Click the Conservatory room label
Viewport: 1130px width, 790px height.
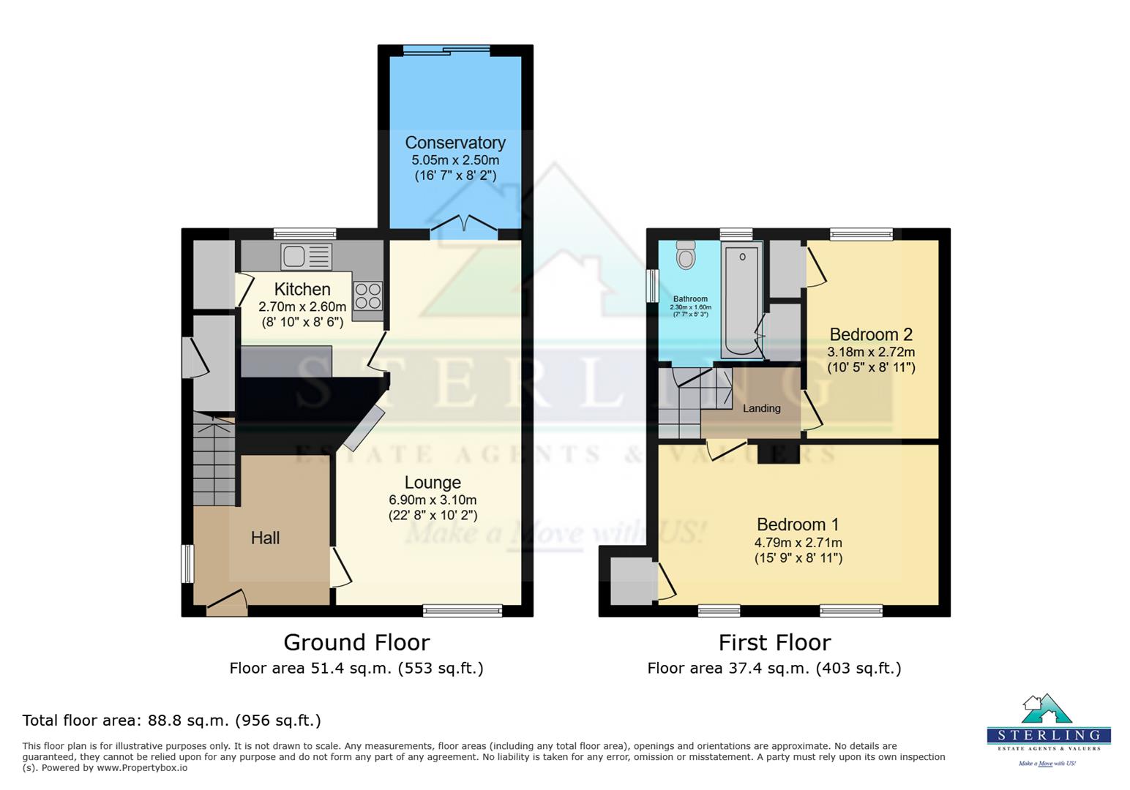[454, 143]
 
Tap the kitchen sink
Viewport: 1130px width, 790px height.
[306, 257]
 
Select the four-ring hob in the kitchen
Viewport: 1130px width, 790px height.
[367, 296]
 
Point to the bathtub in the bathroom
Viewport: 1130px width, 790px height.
[741, 300]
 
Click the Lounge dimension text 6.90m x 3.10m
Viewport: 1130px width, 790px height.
[433, 500]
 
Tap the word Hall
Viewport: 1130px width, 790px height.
[265, 538]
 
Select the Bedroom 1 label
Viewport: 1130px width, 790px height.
[798, 524]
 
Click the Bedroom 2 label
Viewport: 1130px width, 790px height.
[871, 334]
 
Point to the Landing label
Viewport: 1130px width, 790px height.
[761, 408]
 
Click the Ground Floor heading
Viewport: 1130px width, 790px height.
[356, 642]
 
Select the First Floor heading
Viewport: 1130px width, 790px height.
[774, 642]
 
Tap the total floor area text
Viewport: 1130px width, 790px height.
[171, 721]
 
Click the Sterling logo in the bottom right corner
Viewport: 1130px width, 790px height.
[1048, 728]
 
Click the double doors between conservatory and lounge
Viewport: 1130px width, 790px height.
[463, 225]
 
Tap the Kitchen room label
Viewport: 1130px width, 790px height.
[302, 289]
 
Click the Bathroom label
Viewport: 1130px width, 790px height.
[690, 298]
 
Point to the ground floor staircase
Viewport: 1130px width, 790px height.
[214, 461]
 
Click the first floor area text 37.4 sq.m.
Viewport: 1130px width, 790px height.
[774, 668]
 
